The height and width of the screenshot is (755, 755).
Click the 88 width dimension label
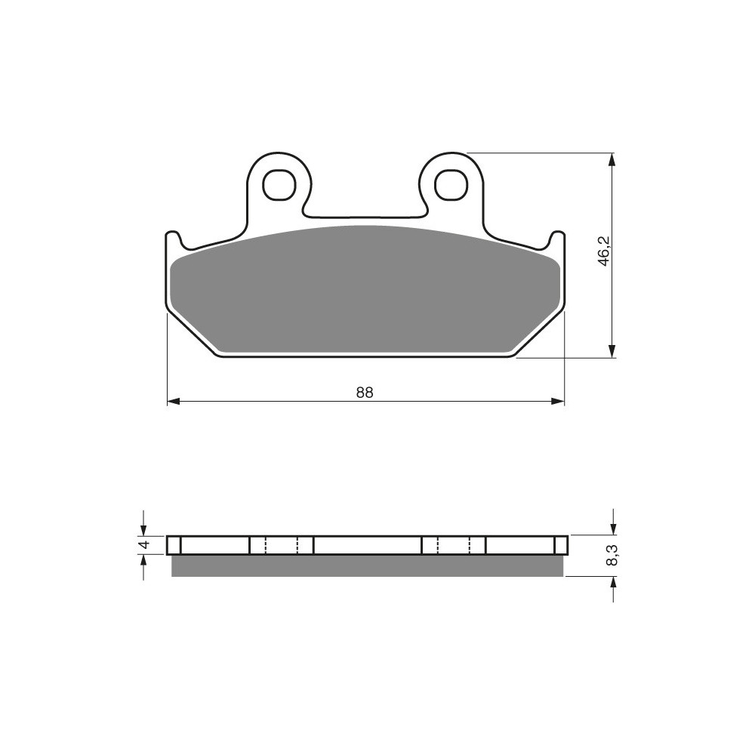click(365, 393)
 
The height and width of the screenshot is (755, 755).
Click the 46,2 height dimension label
click(603, 250)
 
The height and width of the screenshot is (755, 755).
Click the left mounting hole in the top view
click(279, 183)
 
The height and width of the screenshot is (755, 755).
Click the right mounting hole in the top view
click(451, 183)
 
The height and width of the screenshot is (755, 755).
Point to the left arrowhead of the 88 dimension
click(174, 401)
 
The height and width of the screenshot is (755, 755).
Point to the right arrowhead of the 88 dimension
click(558, 401)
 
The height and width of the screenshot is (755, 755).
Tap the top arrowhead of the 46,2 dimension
click(612, 160)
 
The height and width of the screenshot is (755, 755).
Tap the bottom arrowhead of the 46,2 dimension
click(612, 351)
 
